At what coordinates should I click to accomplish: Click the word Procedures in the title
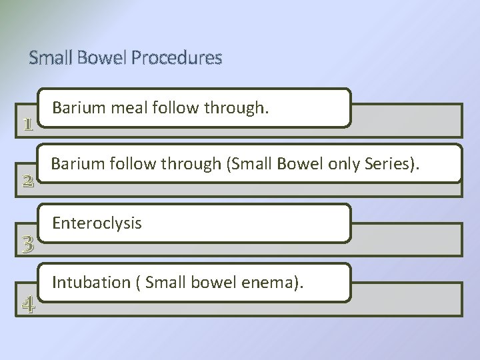pos(177,59)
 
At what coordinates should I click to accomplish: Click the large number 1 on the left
pos(27,125)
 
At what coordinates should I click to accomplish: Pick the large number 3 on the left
pos(27,245)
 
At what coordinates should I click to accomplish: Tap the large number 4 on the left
pos(27,305)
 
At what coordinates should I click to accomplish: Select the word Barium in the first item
pos(73,107)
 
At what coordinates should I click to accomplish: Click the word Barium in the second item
pos(73,163)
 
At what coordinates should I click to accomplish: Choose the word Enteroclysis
pos(97,223)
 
